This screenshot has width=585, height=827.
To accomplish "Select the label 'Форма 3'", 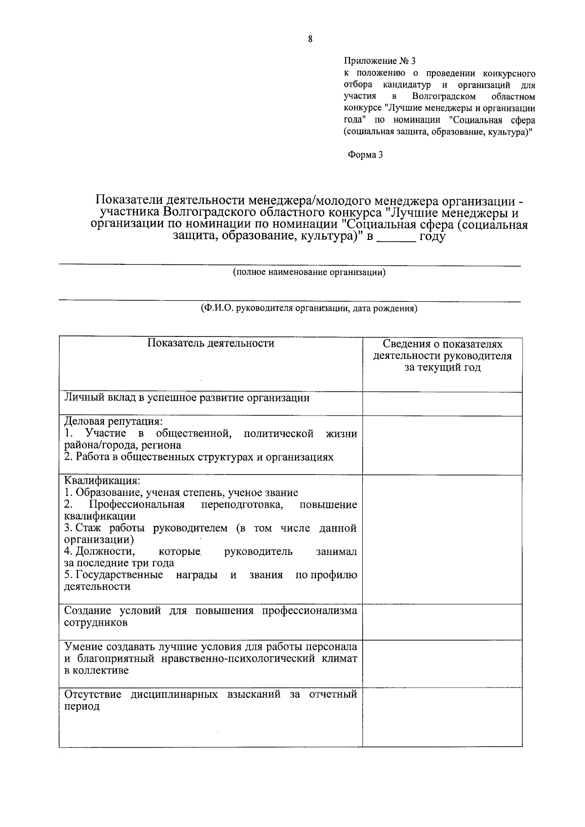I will coord(365,155).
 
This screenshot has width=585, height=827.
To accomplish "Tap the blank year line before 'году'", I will coord(396,238).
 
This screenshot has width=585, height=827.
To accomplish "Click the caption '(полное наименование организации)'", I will coord(309,272).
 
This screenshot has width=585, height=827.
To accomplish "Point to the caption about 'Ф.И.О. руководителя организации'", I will coord(309,308).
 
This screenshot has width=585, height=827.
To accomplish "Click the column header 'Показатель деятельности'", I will coord(211,343).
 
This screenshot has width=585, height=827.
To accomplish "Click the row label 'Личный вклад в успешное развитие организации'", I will coord(187,398).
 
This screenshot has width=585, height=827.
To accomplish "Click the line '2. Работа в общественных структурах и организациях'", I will coord(199,457).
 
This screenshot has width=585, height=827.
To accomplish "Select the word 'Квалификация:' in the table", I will coord(102,481).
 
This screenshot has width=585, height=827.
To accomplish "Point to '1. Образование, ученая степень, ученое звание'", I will coord(181,492).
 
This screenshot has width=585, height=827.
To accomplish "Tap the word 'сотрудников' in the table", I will coord(96,623).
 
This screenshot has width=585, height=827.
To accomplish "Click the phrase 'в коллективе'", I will coord(97,670).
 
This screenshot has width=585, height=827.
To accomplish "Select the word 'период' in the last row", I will coord(82,706).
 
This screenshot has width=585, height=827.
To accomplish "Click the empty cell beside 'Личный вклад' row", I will coord(442,404).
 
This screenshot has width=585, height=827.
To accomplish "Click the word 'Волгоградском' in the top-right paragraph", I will coord(443,97).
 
